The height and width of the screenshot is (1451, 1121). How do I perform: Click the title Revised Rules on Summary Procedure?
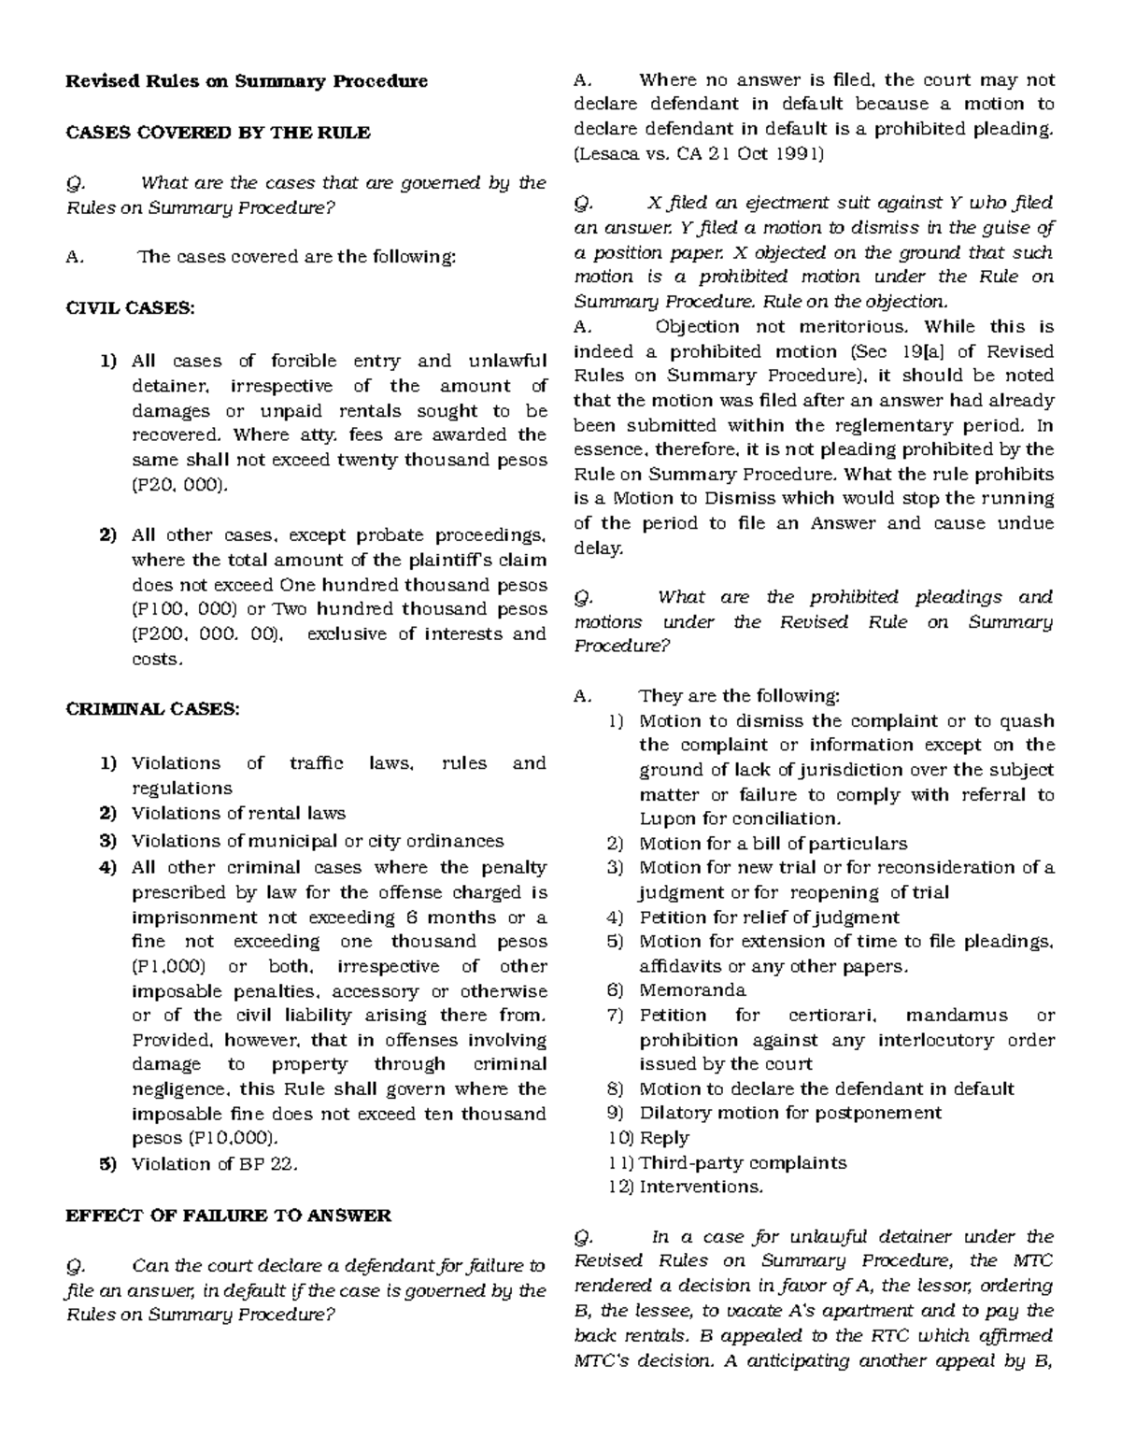[x=247, y=81]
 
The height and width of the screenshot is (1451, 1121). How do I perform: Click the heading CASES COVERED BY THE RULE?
[x=218, y=133]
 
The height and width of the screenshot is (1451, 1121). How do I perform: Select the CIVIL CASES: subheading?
[x=130, y=308]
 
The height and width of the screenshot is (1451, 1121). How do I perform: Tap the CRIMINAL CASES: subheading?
[x=153, y=709]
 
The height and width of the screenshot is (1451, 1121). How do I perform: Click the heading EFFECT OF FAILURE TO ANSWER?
[x=228, y=1216]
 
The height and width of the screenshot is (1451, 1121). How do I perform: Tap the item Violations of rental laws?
[x=238, y=813]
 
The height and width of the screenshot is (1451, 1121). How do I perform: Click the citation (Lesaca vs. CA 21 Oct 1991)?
[x=700, y=154]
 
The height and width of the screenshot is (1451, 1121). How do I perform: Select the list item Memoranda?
[x=692, y=990]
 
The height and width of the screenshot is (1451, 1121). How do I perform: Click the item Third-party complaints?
[x=743, y=1163]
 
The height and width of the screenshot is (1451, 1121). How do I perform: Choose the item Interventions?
[x=701, y=1188]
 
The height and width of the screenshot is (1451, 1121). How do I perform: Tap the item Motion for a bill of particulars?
[x=773, y=844]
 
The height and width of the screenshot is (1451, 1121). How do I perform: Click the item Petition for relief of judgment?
[x=769, y=918]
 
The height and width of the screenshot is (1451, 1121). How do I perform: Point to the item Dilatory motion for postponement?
[x=790, y=1113]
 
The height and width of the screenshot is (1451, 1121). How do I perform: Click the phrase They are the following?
[x=739, y=696]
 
